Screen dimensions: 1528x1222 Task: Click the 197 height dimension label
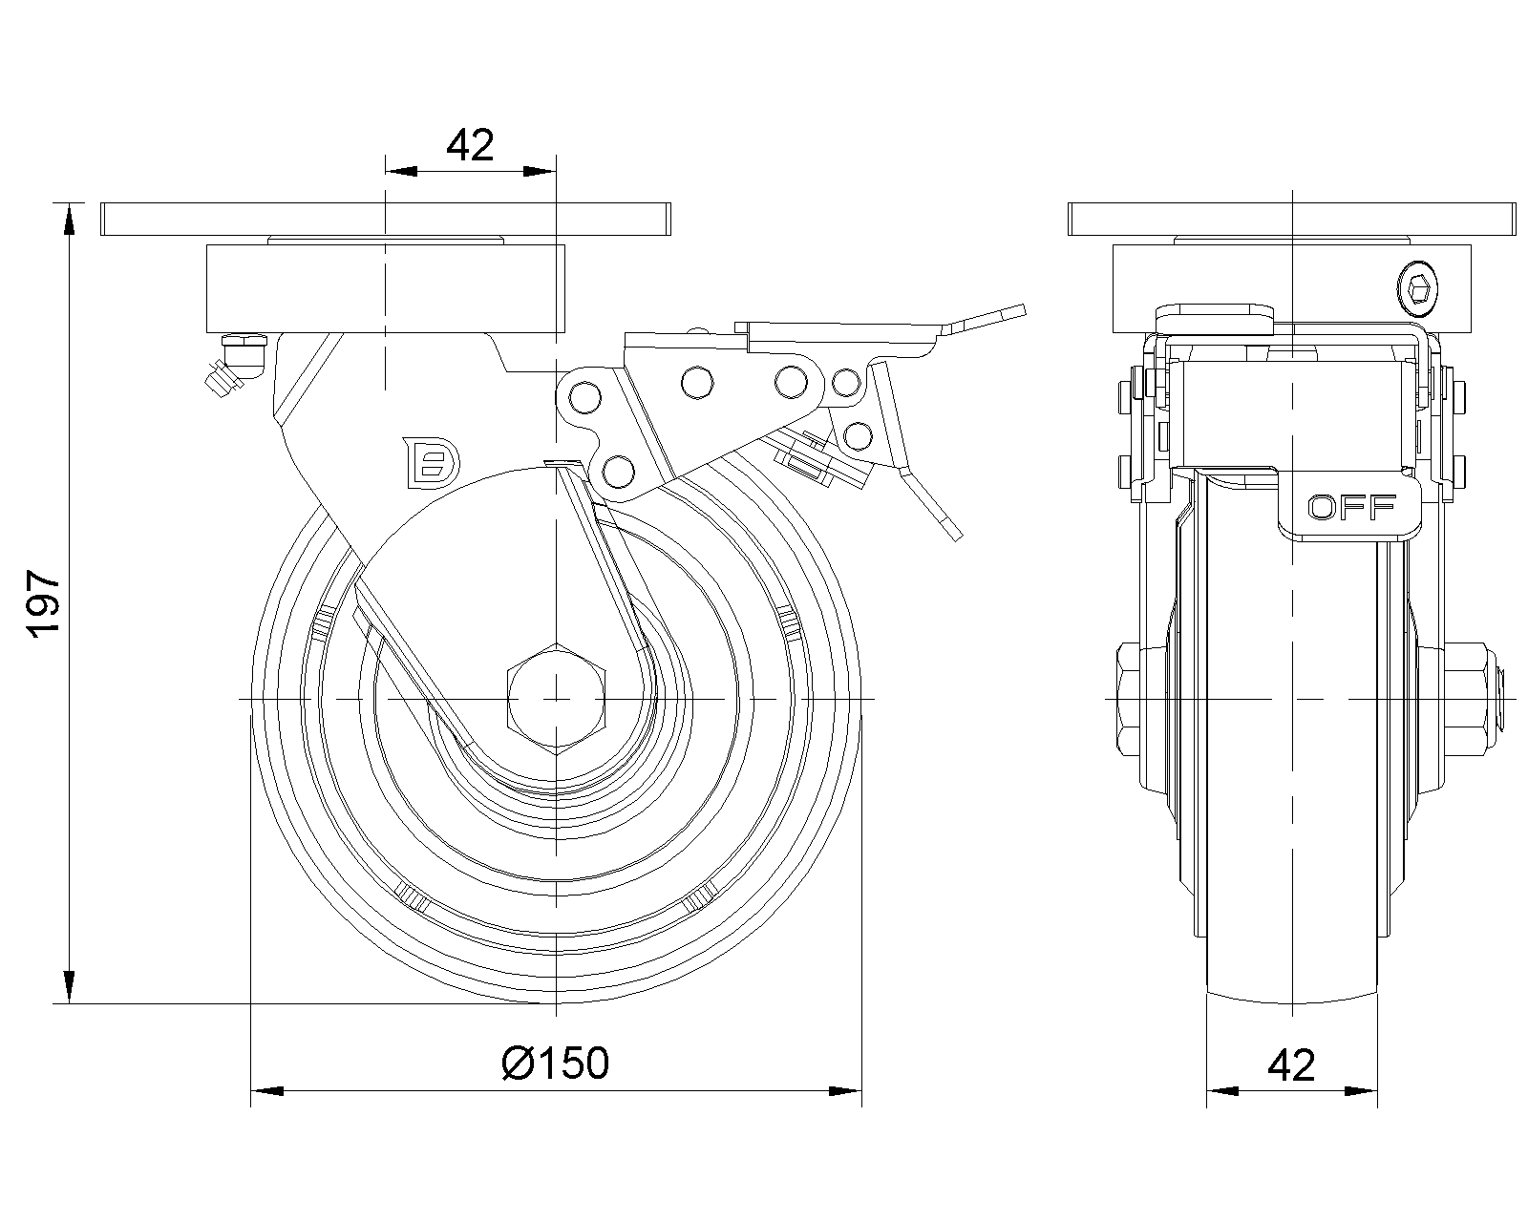click(44, 603)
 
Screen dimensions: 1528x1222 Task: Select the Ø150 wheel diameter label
click(555, 1063)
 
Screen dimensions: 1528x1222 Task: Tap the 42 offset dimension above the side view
click(469, 145)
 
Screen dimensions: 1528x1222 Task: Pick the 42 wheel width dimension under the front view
click(1291, 1065)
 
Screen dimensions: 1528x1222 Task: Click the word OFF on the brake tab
click(1351, 508)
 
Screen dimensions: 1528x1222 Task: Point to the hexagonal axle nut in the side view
click(557, 698)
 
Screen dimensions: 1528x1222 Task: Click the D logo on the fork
click(431, 462)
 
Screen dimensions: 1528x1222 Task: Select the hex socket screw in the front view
click(1418, 289)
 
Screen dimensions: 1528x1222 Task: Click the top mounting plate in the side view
click(386, 219)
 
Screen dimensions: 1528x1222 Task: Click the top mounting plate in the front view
click(1292, 219)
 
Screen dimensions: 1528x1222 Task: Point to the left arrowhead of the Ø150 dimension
click(267, 1090)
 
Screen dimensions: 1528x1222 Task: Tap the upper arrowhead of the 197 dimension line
click(69, 219)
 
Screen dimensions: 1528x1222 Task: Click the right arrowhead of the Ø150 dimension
click(845, 1090)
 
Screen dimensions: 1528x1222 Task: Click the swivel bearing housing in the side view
click(386, 289)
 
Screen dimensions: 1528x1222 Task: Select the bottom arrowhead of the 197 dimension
click(69, 987)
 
